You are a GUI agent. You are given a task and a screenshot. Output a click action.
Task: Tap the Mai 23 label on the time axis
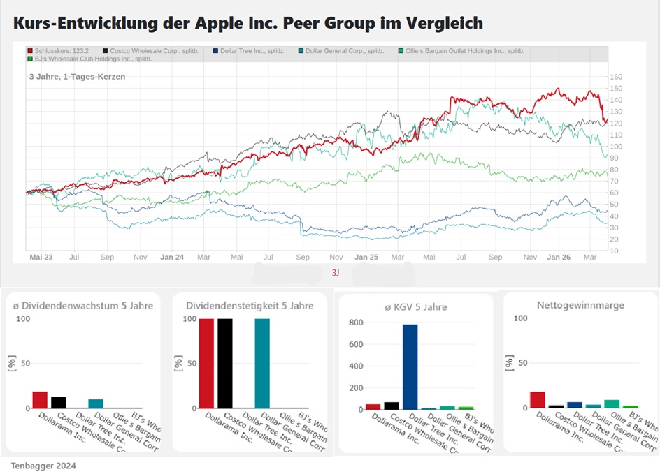point(41,258)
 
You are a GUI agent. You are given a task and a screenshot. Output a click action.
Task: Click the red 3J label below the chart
point(336,273)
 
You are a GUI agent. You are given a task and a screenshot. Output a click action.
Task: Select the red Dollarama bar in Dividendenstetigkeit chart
point(206,363)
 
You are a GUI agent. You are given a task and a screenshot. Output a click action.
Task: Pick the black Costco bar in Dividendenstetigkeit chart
point(224,363)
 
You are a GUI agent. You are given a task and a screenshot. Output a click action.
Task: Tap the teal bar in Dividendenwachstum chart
point(95,403)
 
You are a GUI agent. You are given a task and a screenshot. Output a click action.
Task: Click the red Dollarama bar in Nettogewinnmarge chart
point(537,400)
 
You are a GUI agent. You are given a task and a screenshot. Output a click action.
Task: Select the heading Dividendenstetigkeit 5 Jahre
point(250,305)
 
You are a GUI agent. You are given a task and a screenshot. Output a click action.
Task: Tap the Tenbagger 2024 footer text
point(43,466)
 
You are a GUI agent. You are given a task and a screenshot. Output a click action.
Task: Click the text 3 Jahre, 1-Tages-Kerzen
point(77,76)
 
